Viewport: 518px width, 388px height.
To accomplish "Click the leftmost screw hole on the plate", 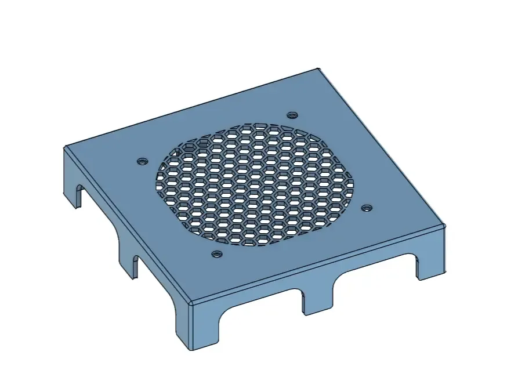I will point(140,161).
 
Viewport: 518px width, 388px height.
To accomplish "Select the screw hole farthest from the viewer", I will point(292,115).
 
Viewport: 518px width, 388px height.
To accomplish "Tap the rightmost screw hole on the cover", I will point(366,207).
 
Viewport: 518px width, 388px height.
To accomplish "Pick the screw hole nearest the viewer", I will point(216,253).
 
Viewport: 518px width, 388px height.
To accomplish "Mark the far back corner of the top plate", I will point(318,70).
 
